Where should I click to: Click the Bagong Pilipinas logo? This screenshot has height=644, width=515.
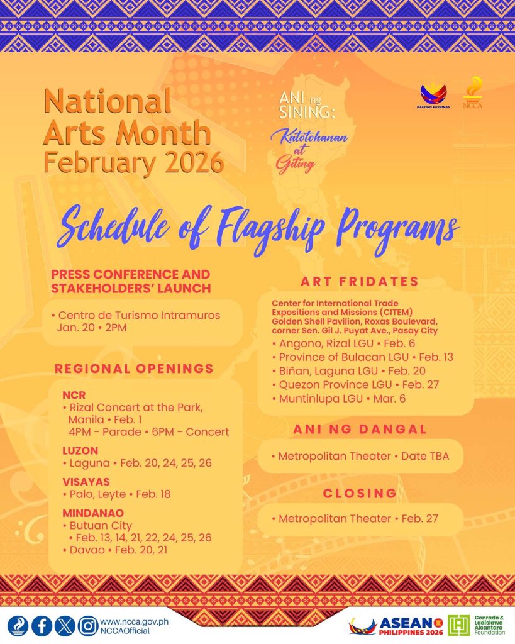[x=433, y=96]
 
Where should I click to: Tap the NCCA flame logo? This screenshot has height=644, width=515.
[x=472, y=92]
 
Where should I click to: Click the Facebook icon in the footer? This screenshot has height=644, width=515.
[x=42, y=626]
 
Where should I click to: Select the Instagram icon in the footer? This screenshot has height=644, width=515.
[x=87, y=626]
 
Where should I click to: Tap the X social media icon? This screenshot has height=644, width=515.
[x=65, y=626]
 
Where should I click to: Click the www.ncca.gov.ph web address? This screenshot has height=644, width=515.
[x=134, y=621]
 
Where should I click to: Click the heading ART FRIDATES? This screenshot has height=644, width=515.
[x=360, y=281]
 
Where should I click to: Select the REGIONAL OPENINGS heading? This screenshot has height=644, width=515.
[x=134, y=369]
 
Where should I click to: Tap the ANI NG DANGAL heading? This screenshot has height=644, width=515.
[x=360, y=429]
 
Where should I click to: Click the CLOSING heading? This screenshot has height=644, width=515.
[x=360, y=493]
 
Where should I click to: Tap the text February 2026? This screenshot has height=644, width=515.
[x=133, y=163]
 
